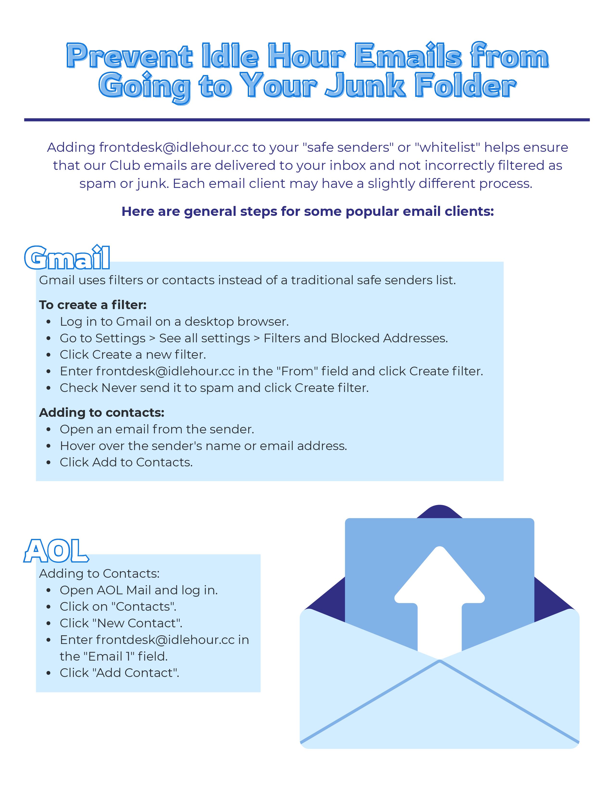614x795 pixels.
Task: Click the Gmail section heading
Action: click(x=67, y=258)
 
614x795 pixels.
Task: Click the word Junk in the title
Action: click(x=365, y=86)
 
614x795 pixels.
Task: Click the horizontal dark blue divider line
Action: click(x=307, y=120)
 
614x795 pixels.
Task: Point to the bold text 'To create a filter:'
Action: click(x=93, y=305)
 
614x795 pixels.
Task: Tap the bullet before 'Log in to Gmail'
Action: click(x=49, y=322)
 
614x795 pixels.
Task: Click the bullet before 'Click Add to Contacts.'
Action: click(x=49, y=463)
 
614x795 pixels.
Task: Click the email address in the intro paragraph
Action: click(x=174, y=147)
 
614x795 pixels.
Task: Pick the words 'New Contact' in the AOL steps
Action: click(x=137, y=623)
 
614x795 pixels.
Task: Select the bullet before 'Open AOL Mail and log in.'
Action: click(x=49, y=591)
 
